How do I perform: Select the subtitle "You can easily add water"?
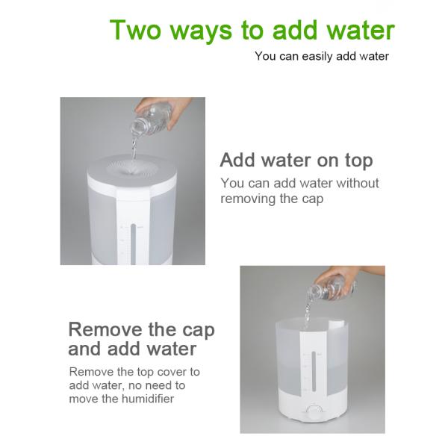322,56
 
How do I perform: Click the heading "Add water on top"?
296,161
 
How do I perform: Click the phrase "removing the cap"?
272,199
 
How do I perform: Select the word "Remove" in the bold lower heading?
106,329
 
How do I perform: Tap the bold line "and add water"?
132,349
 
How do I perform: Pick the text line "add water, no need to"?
127,385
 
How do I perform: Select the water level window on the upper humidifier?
133,243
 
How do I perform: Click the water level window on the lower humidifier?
314,371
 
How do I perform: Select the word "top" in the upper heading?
359,161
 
